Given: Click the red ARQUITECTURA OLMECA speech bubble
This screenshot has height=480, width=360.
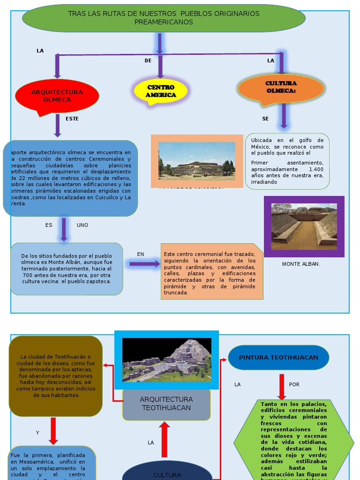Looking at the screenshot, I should [x=57, y=96].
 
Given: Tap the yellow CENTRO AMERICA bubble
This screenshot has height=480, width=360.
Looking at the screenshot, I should [x=161, y=91].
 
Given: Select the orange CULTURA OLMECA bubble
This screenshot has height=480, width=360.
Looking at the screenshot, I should [x=281, y=87].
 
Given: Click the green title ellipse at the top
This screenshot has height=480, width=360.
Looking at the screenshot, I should [x=164, y=18].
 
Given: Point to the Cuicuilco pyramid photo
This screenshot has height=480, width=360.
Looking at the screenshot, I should [x=197, y=161].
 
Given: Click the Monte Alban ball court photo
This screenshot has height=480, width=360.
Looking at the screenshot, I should [x=304, y=226].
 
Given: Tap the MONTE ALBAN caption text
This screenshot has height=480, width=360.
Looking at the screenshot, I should [x=301, y=264].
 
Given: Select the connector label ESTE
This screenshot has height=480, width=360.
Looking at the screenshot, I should [x=72, y=119].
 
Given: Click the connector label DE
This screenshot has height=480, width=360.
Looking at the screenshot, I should [x=148, y=60].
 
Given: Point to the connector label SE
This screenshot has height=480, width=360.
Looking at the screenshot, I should [x=266, y=119].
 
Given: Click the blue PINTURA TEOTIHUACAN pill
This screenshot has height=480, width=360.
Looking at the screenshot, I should [x=278, y=358].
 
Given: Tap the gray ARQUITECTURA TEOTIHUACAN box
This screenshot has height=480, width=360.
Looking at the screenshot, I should [x=167, y=404].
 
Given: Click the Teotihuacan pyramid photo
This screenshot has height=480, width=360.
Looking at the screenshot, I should [x=167, y=360].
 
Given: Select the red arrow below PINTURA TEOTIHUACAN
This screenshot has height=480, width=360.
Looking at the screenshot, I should [x=282, y=386].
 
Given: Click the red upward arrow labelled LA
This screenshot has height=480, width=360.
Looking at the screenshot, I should [x=165, y=439].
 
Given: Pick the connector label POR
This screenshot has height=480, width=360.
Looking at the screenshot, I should [x=294, y=385].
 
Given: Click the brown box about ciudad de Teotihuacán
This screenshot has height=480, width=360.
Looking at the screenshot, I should [x=56, y=376].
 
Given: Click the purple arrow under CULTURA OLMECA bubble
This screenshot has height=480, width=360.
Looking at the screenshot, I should [x=284, y=115].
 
